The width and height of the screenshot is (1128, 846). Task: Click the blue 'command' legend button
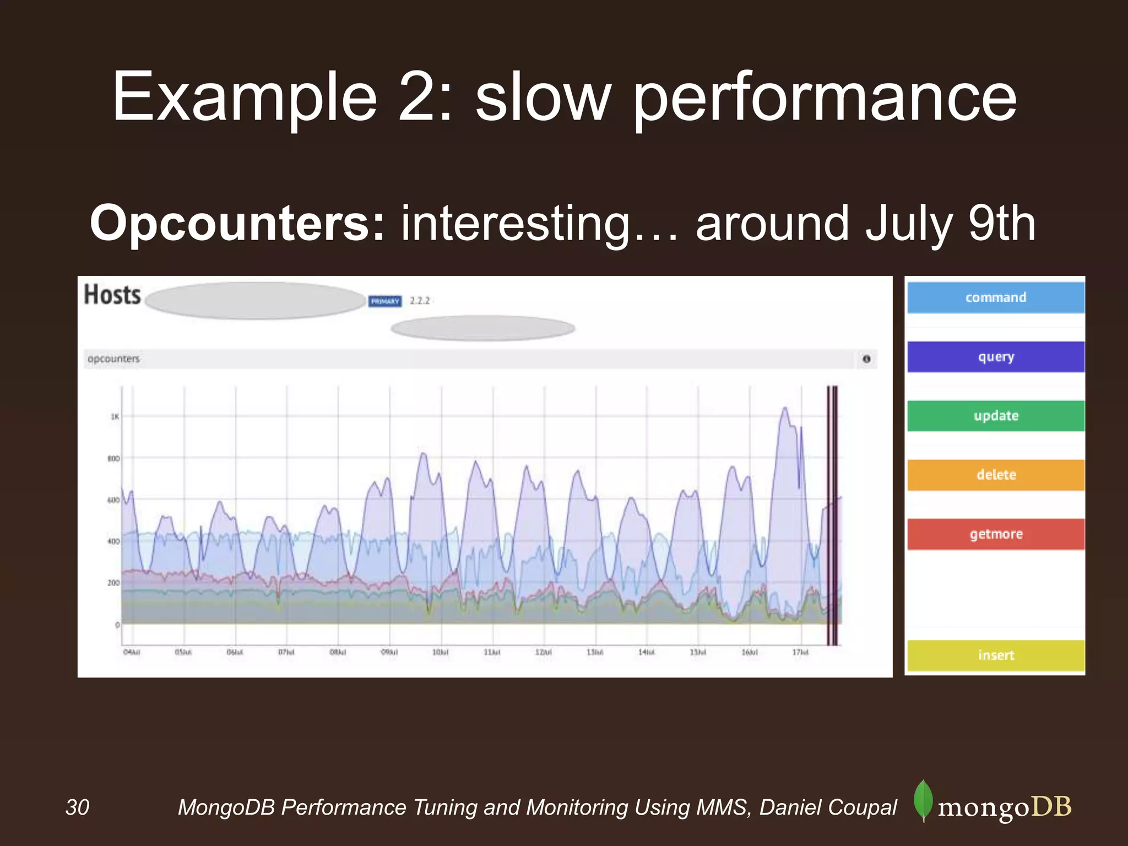996,297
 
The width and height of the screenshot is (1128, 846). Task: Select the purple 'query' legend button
996,357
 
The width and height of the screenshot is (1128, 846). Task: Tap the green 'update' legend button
996,416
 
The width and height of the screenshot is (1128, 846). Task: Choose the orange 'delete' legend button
996,475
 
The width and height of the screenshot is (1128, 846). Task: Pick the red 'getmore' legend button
996,534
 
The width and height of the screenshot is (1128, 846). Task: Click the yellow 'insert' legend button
996,655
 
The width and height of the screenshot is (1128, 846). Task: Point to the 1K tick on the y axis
115,416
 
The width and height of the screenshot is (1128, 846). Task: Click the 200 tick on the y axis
113,583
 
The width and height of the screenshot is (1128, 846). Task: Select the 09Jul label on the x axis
389,652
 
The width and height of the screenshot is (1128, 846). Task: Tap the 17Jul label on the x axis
800,652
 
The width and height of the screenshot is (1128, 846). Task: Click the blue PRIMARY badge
385,301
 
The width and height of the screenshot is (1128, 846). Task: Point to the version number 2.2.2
420,301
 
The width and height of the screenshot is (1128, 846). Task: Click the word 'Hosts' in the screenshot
112,295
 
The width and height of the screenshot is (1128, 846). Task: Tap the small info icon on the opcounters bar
866,359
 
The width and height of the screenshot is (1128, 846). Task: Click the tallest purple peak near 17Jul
785,409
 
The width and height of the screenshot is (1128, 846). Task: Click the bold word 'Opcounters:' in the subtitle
237,223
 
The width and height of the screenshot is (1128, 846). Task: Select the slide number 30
77,807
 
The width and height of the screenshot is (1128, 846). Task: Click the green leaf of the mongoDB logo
923,800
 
